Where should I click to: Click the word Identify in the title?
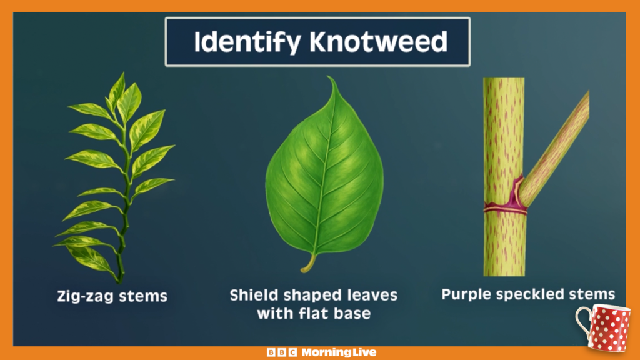coord(247,42)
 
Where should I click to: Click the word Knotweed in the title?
coord(378,42)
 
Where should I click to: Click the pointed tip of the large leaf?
coord(329,77)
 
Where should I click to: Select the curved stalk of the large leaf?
coord(309,263)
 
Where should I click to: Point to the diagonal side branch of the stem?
coord(555,148)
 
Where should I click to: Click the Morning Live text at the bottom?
coord(339,352)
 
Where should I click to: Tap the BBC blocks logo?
coord(282,352)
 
